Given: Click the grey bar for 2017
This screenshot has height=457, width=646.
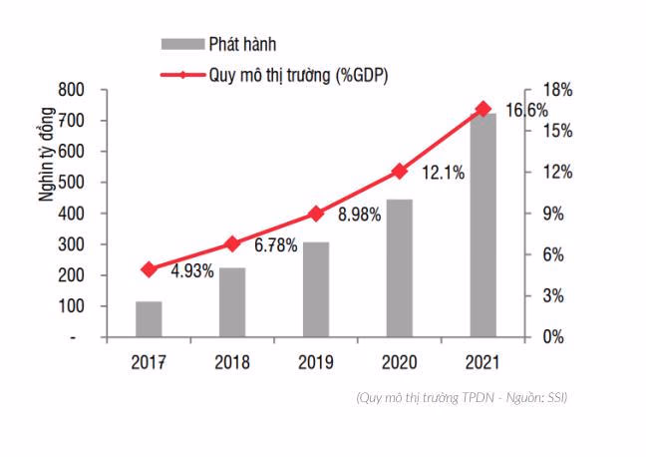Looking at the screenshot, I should pyautogui.click(x=149, y=319).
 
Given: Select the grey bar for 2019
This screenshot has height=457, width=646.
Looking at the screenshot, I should pyautogui.click(x=316, y=289).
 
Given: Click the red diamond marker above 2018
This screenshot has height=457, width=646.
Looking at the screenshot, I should pyautogui.click(x=232, y=243).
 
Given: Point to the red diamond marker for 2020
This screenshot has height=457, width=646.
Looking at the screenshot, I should pyautogui.click(x=400, y=171).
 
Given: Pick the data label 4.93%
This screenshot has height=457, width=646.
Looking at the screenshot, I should pyautogui.click(x=192, y=270).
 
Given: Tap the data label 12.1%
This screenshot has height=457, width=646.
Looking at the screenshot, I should pyautogui.click(x=443, y=173).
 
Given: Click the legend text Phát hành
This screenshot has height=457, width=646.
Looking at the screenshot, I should pyautogui.click(x=242, y=44).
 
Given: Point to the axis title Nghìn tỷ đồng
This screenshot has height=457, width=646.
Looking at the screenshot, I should pyautogui.click(x=46, y=164).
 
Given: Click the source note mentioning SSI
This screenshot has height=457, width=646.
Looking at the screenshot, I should pyautogui.click(x=462, y=398).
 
